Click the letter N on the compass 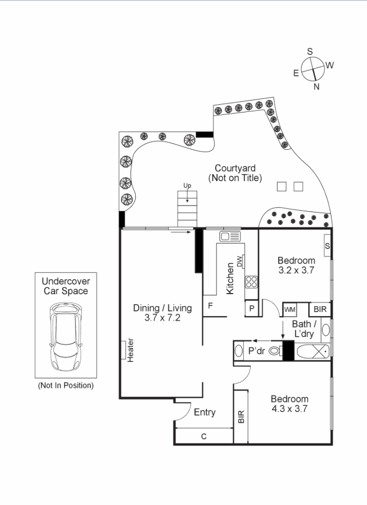click(316, 86)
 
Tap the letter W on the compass click(330, 65)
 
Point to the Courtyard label click(235, 168)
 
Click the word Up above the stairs click(187, 186)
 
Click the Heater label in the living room click(130, 350)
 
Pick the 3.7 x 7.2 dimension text click(162, 318)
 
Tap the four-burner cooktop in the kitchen click(251, 282)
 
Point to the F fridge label click(210, 305)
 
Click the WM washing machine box click(289, 310)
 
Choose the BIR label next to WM click(320, 310)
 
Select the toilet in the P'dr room click(275, 351)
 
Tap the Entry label click(205, 412)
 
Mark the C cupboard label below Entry click(203, 436)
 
